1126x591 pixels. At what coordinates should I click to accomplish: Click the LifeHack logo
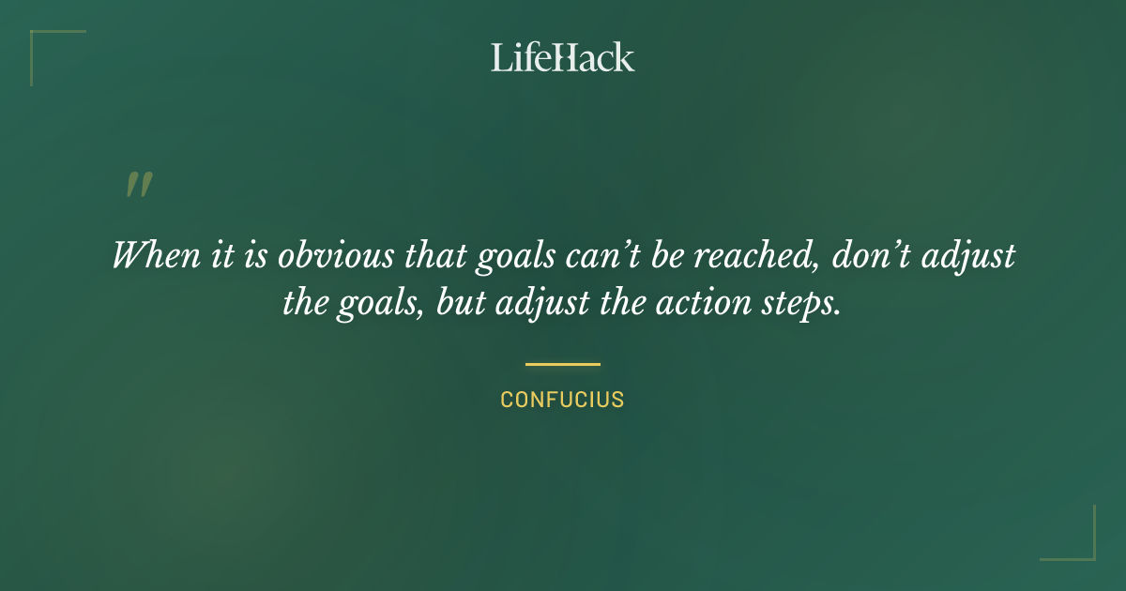562,57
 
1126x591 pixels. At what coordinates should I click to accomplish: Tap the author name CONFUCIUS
562,400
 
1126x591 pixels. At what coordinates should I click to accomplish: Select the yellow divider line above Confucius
562,364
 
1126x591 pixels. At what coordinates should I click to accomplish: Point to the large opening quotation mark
139,185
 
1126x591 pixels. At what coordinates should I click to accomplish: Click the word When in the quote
149,256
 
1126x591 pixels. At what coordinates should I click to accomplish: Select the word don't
868,256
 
